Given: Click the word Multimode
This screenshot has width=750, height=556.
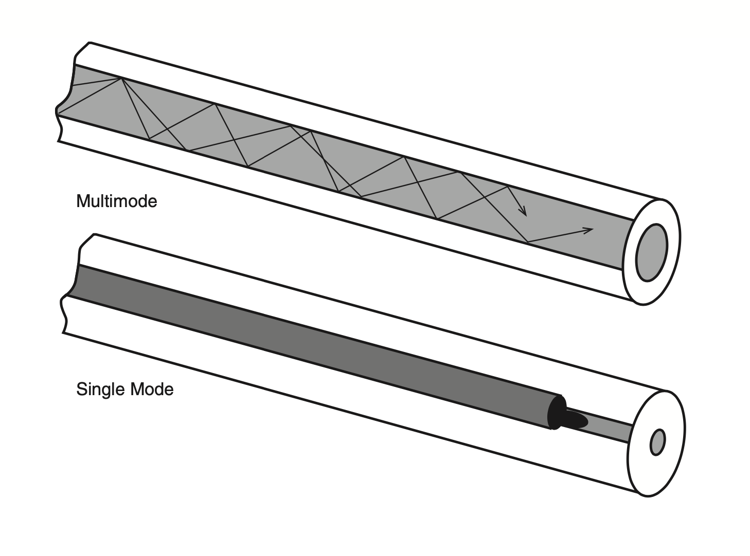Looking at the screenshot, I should point(116,201).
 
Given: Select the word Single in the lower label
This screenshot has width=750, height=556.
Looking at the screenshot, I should point(100,390).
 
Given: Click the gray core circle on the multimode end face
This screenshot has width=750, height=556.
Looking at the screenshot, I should point(651,252).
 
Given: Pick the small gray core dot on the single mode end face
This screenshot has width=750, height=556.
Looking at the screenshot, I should point(657,442).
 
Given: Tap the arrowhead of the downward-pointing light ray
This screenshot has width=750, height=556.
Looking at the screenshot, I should point(524,212).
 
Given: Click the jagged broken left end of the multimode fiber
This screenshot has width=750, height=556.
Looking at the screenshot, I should point(64,98).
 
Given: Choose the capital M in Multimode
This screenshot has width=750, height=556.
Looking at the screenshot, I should point(82,201).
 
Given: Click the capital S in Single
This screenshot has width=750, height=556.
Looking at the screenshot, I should point(81,389).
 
